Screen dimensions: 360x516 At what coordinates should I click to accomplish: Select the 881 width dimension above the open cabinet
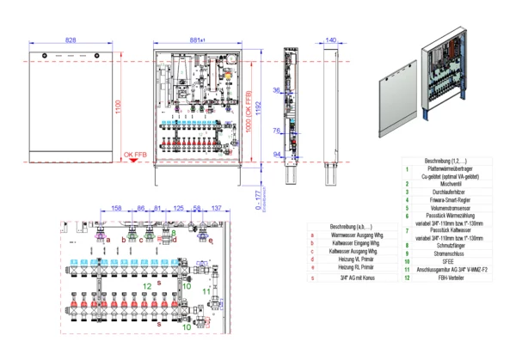[199, 40]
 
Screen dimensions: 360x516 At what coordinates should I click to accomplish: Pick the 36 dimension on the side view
[277, 89]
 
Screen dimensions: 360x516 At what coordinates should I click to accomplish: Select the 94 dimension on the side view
[277, 154]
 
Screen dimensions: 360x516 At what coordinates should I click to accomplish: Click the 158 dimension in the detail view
[116, 209]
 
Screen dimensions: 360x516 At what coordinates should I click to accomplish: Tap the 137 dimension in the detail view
[217, 209]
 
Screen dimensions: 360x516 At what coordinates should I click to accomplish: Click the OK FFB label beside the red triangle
[136, 155]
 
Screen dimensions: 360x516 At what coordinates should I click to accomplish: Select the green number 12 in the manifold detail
[147, 285]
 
